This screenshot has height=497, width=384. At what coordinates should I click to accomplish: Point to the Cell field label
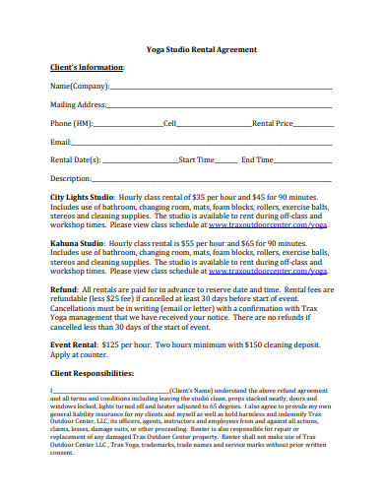169,124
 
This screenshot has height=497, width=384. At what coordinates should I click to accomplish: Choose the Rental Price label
273,124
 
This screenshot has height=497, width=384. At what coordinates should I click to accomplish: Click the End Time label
258,158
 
